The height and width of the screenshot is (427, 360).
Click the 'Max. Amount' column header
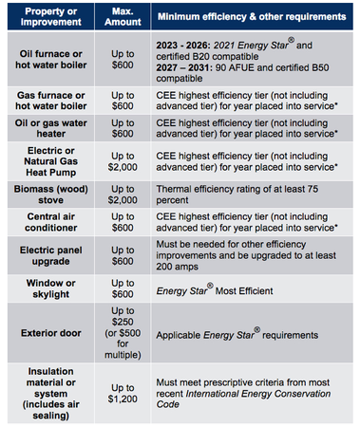click(123, 16)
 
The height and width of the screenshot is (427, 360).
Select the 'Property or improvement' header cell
click(51, 16)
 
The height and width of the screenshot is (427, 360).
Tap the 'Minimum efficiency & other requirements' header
click(252, 16)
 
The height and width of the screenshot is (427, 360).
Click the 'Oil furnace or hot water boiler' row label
click(51, 59)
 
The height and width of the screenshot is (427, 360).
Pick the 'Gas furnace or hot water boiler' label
click(51, 101)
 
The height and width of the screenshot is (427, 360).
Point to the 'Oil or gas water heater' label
click(51, 128)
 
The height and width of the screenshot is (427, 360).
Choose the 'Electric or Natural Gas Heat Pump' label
click(51, 161)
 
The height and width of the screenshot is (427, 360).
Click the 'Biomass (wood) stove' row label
click(51, 195)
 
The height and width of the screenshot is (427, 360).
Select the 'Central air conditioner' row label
click(51, 222)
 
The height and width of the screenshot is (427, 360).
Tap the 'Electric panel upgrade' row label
click(51, 255)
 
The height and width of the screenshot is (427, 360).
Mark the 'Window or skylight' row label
click(51, 288)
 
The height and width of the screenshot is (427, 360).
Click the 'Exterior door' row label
click(51, 333)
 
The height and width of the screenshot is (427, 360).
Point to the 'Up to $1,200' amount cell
click(123, 393)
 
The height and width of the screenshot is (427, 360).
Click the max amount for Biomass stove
click(123, 195)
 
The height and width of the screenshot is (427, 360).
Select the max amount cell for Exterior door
click(123, 333)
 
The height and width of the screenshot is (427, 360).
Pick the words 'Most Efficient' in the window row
click(244, 291)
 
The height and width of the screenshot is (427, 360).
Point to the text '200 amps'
click(177, 267)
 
